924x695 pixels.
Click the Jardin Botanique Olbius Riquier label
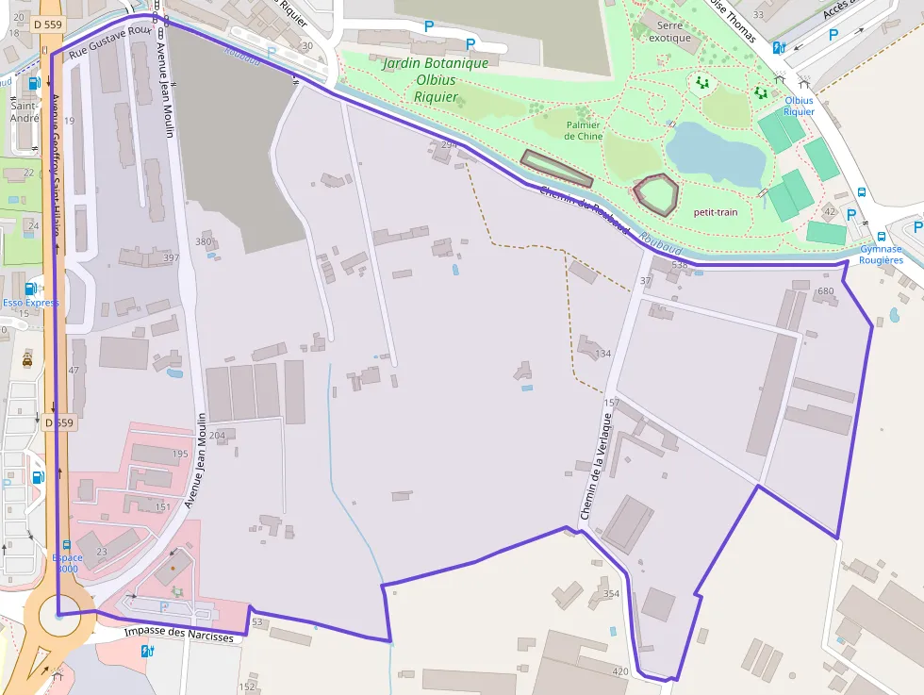click(435, 80)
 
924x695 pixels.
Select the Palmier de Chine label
click(583, 130)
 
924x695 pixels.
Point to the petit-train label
click(716, 212)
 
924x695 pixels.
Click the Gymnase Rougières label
click(881, 255)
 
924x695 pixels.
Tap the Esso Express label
click(30, 303)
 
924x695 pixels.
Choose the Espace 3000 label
click(68, 563)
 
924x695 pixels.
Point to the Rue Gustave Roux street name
click(110, 41)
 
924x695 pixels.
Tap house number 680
click(827, 290)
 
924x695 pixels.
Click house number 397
click(171, 257)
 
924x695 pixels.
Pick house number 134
click(603, 354)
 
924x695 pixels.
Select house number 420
click(619, 671)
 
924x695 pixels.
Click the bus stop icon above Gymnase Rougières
click(881, 237)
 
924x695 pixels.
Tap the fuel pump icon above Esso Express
click(30, 288)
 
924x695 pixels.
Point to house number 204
click(217, 435)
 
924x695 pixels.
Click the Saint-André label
click(24, 112)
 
